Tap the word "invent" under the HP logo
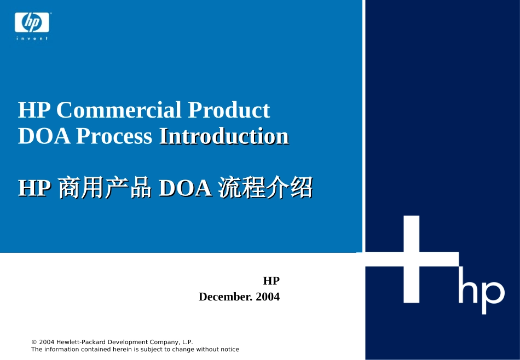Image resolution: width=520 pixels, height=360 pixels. (x=32, y=38)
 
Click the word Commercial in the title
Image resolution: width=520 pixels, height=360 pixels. (x=119, y=110)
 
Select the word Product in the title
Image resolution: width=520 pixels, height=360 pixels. (x=229, y=110)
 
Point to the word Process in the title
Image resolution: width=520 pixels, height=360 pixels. (x=114, y=136)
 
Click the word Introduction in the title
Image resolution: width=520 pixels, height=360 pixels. (x=223, y=136)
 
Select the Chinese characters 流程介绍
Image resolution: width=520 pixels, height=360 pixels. (x=265, y=188)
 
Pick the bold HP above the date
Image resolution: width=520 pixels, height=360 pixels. (x=271, y=281)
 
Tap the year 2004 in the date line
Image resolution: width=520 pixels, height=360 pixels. (x=268, y=297)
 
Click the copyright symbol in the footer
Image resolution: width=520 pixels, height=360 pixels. (x=34, y=342)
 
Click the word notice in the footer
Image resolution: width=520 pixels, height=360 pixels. (x=229, y=349)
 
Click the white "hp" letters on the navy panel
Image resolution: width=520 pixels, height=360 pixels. (x=481, y=294)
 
